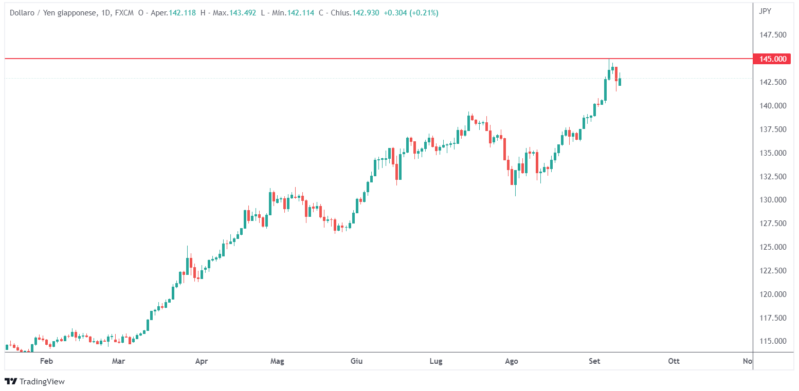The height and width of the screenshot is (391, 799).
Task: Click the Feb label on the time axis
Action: point(47,361)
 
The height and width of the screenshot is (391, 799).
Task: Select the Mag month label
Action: point(277,361)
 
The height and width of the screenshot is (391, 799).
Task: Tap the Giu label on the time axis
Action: point(356,361)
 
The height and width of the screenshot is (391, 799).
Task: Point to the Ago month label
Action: point(512,361)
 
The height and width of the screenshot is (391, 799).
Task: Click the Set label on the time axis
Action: point(594,361)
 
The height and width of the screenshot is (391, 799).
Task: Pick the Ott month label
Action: point(674,361)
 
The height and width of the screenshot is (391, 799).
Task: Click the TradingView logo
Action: point(34,381)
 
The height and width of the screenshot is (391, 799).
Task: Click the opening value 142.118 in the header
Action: point(182,13)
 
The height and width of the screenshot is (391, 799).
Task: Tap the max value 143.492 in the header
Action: point(242,13)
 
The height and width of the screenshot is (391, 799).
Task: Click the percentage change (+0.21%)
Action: point(424,13)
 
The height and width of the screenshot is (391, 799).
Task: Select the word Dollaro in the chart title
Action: point(23,13)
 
